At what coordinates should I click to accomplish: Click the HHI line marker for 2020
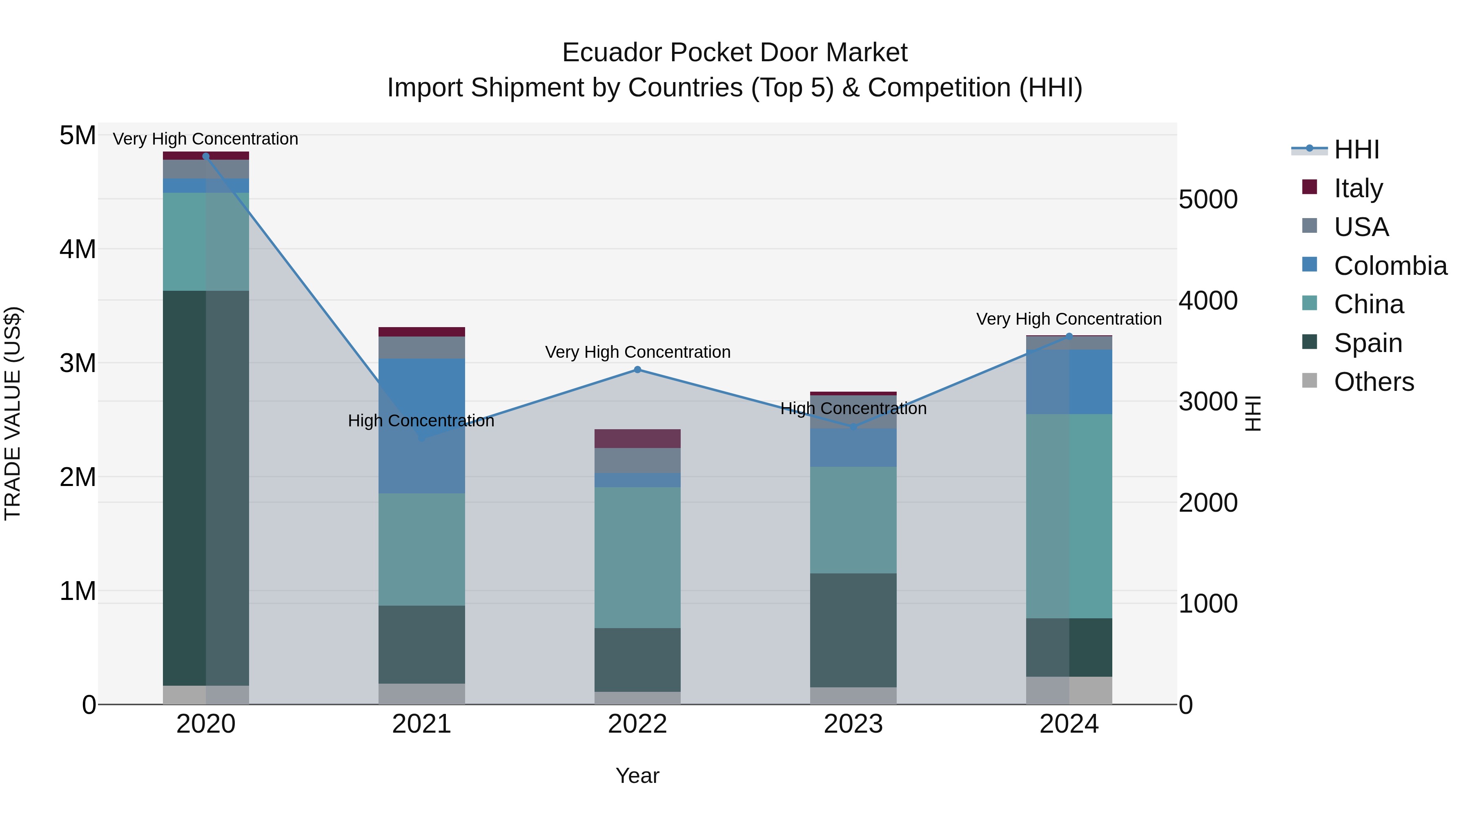tap(206, 156)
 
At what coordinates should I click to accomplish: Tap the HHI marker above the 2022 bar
tap(637, 370)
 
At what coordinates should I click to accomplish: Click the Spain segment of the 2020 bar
tap(206, 488)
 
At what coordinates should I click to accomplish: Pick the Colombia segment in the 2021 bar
tap(422, 425)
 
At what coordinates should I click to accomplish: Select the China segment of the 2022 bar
tap(637, 557)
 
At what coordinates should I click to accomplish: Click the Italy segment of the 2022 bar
tap(637, 438)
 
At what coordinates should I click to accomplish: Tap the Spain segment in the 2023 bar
tap(853, 630)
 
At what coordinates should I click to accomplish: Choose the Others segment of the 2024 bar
tap(1069, 690)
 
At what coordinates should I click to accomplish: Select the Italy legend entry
tap(1358, 188)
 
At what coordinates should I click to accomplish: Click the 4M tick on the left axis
tap(78, 250)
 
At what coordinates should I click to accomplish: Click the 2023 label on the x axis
tap(853, 724)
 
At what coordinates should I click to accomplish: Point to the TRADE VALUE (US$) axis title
tap(13, 413)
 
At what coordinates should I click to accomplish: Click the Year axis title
tap(637, 776)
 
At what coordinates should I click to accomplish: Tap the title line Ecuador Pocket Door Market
tap(735, 53)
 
